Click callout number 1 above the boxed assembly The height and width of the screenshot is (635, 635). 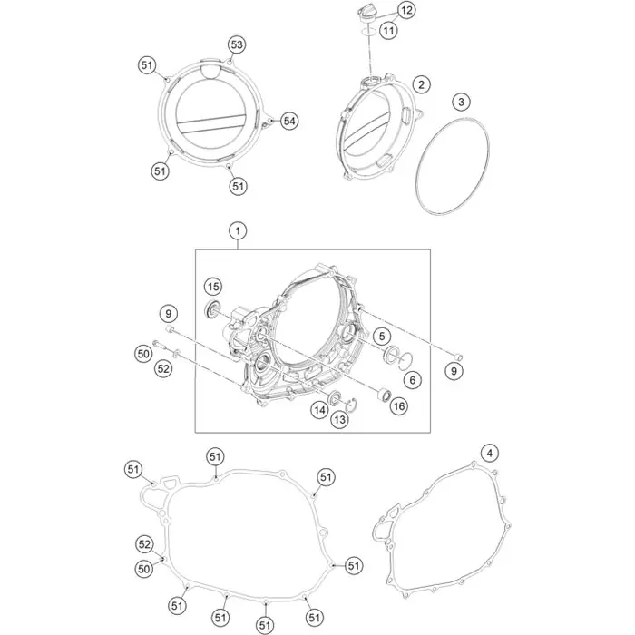coord(238,230)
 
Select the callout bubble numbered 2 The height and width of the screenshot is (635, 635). coord(421,84)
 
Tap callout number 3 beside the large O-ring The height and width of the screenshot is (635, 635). coord(461,102)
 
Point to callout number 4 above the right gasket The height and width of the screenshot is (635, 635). coord(490,453)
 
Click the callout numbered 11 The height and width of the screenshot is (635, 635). coord(388,30)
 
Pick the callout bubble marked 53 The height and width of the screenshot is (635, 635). coord(237,44)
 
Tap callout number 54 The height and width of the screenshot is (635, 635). coord(289,121)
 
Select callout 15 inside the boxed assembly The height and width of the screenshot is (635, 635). coord(213,288)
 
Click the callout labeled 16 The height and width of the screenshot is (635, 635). coord(399,406)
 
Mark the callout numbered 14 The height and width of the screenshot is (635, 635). coord(320,410)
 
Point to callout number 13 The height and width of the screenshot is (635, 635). coord(339,419)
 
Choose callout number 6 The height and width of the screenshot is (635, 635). coord(412,380)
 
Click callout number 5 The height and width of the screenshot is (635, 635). coord(382,336)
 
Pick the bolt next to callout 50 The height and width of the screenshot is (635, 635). coord(159,345)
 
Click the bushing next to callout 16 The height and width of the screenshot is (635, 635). coord(384,394)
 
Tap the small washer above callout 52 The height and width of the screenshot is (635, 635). coord(177,355)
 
